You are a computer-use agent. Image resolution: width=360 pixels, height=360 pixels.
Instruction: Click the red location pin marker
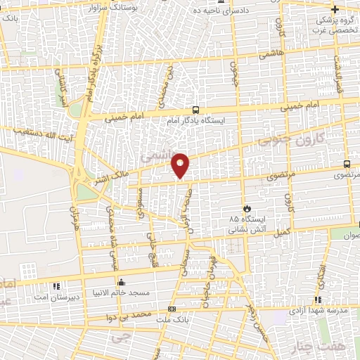181,165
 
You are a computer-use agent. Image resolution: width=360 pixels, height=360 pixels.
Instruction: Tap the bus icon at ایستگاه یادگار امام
195,110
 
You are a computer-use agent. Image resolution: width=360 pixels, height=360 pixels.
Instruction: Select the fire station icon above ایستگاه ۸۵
247,208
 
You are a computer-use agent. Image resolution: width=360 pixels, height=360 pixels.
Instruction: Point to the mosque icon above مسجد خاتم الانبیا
122,283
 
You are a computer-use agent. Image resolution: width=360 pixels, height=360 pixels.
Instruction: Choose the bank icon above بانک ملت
173,310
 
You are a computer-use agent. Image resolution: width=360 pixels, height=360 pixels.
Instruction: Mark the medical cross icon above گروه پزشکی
335,9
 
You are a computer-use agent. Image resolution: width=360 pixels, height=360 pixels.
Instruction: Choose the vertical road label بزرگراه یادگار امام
90,72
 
